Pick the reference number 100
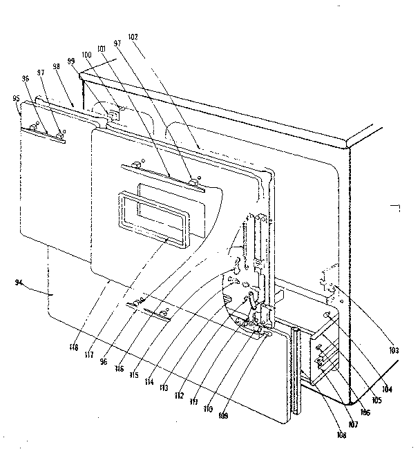86,54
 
